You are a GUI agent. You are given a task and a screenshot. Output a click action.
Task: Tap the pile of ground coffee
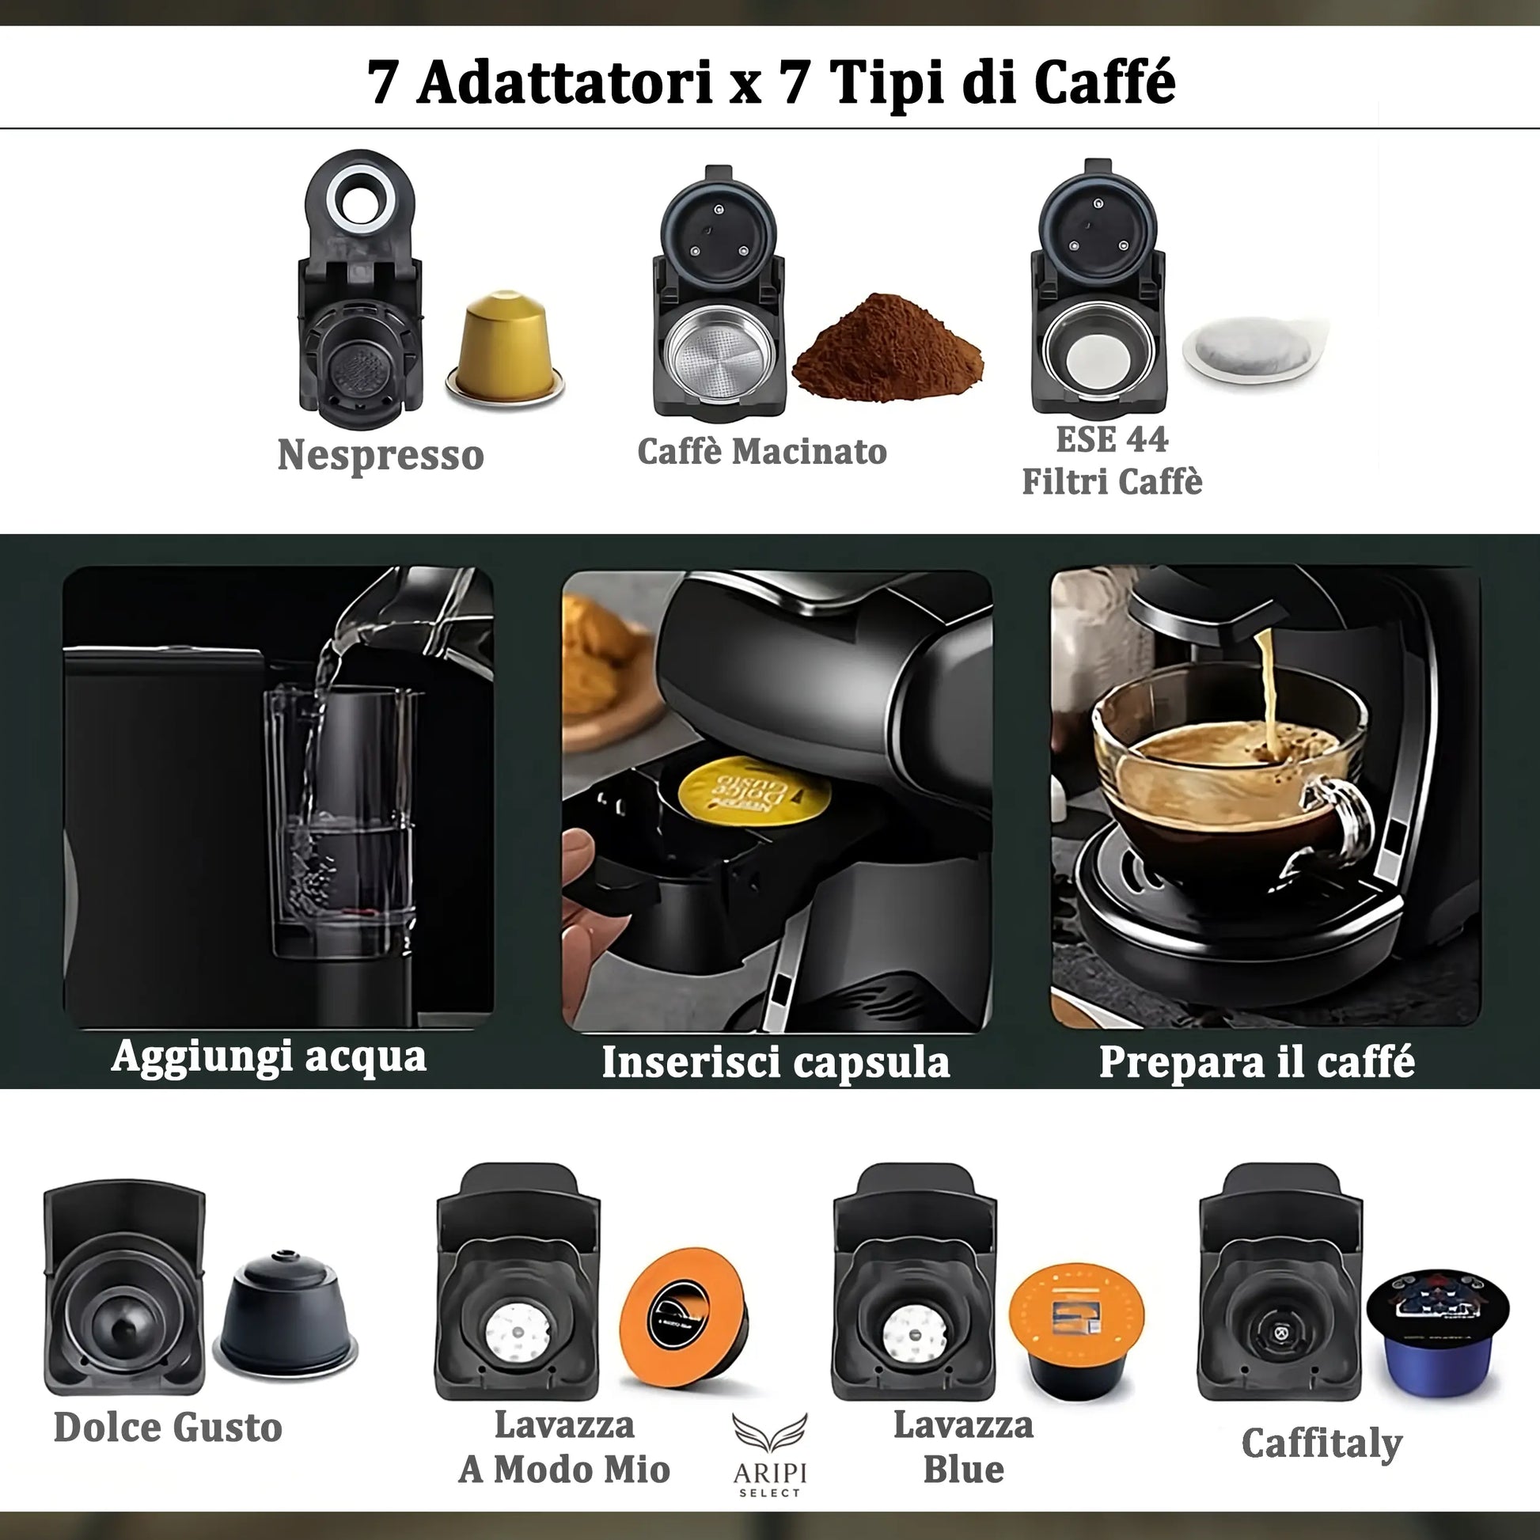pos(888,351)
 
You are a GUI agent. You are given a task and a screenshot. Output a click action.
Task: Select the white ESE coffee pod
pos(1254,350)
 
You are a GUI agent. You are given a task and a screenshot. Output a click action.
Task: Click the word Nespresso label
pos(380,455)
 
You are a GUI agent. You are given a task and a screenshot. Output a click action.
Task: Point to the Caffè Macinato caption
pos(761,452)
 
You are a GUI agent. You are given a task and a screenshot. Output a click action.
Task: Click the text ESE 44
pos(1111,440)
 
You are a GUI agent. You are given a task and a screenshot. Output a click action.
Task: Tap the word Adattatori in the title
pos(563,82)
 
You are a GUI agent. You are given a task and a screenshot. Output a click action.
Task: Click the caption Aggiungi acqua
pos(268,1057)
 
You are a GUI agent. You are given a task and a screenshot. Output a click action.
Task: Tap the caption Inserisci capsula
pos(775,1063)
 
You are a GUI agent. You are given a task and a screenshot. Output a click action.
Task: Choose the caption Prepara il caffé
pos(1256,1062)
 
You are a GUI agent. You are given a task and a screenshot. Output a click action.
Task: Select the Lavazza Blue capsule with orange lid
pos(1076,1327)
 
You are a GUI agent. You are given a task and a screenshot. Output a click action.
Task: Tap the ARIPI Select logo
pos(769,1455)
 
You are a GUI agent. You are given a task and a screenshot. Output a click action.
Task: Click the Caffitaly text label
pos(1322,1443)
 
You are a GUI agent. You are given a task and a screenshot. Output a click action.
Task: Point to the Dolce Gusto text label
pos(169,1428)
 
